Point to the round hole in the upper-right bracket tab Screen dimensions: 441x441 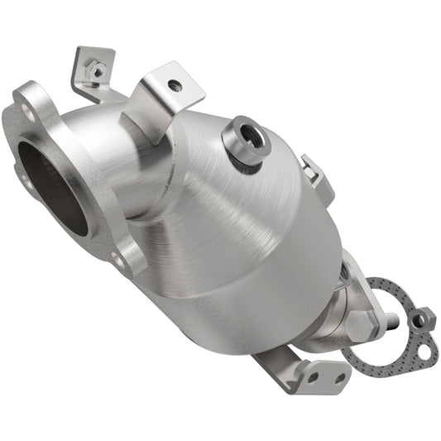tap(173, 84)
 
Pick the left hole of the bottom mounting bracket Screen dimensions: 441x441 tap(312, 376)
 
